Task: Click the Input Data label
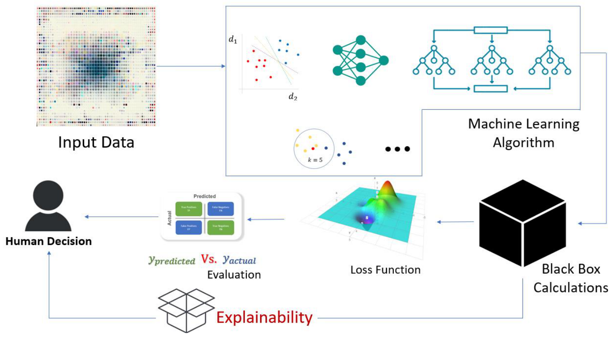coord(96,142)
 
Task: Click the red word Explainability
coord(264,317)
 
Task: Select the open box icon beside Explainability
coord(186,310)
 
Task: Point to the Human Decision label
coord(48,242)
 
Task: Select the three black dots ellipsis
coord(397,149)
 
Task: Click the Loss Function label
coord(385,270)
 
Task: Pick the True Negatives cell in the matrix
coord(221,227)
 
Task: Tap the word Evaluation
coord(234,275)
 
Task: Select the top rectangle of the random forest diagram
coord(490,30)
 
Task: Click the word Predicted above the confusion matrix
coord(205,196)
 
